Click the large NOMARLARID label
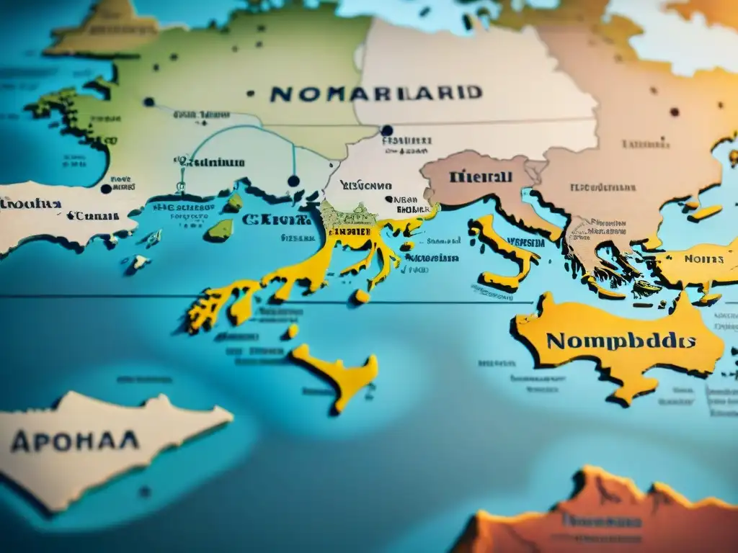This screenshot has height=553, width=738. [375, 94]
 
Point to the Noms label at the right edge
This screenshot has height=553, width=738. [703, 258]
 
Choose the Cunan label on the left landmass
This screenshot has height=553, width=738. [97, 216]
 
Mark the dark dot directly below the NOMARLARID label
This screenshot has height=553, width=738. [387, 130]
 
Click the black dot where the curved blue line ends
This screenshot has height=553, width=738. [293, 181]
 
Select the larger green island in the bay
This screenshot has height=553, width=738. [221, 230]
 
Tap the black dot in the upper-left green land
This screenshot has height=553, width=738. [149, 102]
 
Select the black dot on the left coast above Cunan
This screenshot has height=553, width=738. [106, 189]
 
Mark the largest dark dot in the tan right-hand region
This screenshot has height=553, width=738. [675, 112]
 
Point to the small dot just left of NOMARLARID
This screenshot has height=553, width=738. [251, 93]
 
